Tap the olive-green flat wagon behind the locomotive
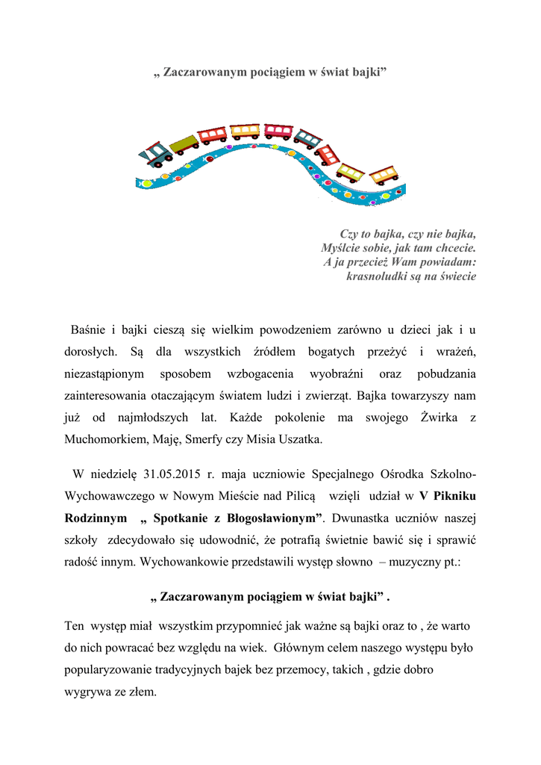[184, 142]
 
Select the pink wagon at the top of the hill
[278, 131]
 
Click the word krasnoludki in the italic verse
[377, 276]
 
